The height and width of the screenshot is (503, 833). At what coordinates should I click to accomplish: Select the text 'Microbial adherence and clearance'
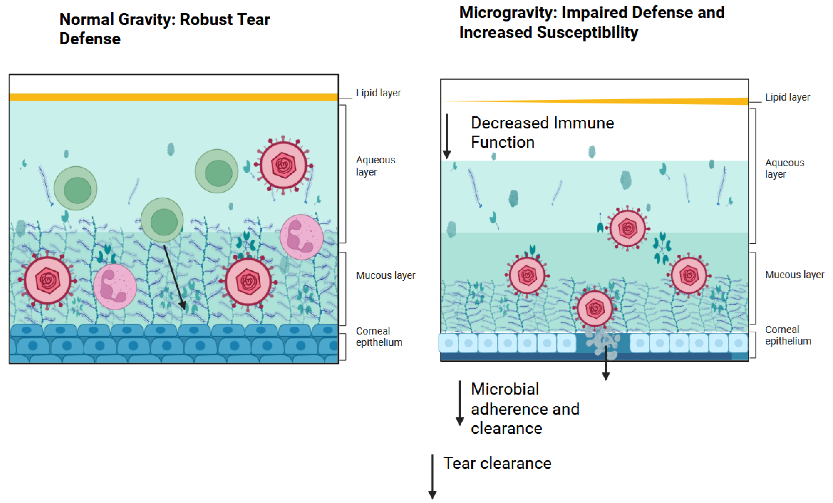point(525,409)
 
